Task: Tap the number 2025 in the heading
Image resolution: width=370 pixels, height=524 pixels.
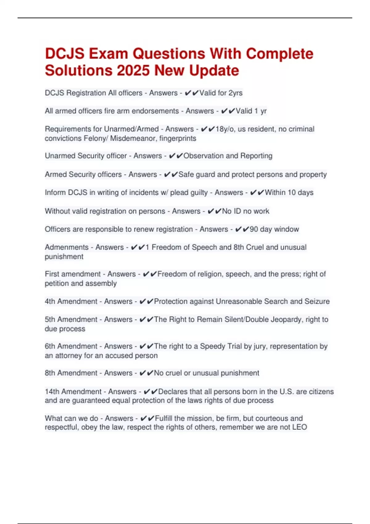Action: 134,71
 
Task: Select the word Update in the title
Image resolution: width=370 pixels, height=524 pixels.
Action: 214,71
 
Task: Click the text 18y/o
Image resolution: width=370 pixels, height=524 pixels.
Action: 225,129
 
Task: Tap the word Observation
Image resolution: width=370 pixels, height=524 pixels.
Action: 203,156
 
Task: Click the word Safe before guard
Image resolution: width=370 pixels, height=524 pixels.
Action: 186,174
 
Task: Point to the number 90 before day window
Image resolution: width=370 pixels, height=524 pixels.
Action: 254,229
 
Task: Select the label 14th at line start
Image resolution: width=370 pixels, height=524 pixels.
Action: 52,391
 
